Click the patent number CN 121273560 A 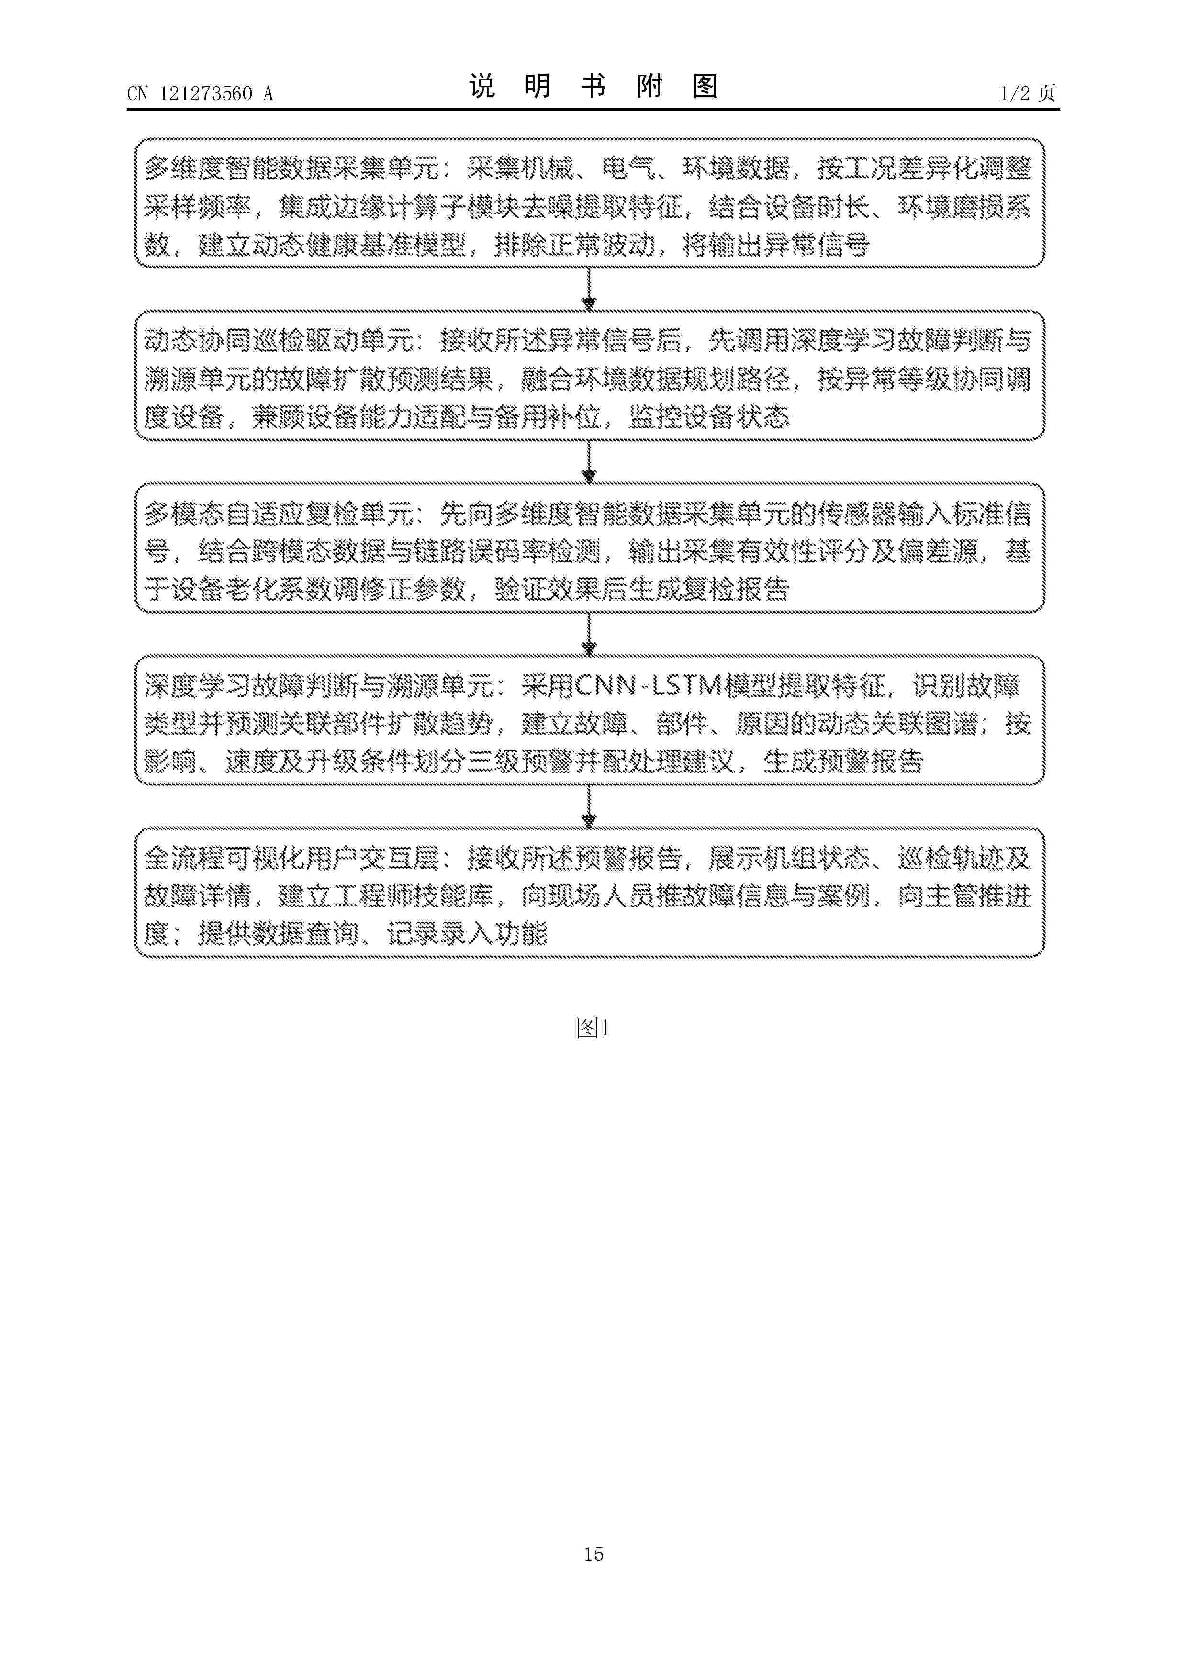point(200,94)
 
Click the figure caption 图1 point(593,1028)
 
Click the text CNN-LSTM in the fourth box point(648,686)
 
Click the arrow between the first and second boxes point(590,290)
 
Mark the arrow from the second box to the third point(590,462)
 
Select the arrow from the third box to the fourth point(590,635)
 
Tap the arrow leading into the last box point(590,806)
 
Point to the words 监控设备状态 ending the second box point(709,417)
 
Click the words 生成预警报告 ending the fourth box point(843,762)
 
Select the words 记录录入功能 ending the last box point(467,934)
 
